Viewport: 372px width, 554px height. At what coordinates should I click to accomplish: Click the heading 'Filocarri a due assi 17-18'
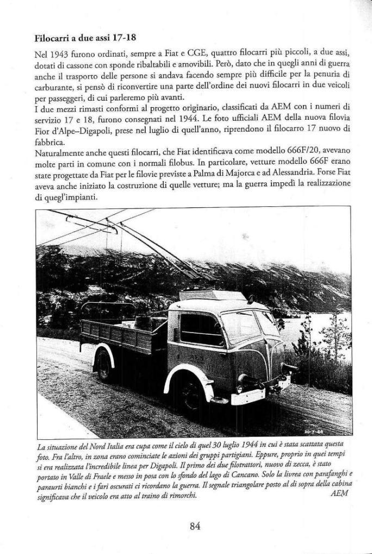(x=85, y=39)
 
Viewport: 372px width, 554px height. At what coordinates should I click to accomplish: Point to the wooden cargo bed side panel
(x=123, y=338)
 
